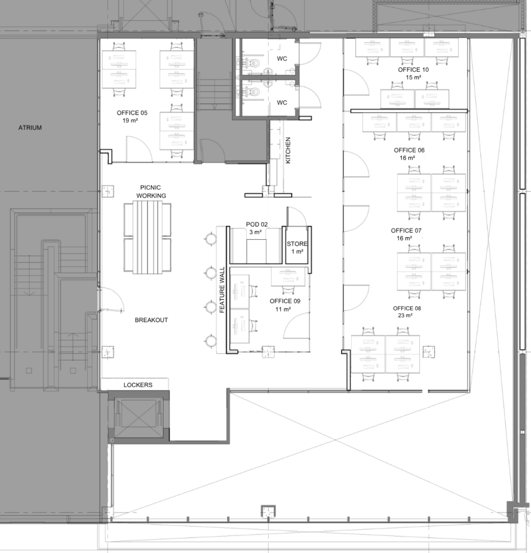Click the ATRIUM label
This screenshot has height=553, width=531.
(30, 127)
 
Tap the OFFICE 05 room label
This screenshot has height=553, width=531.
(132, 113)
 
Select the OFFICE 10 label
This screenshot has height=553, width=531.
(413, 70)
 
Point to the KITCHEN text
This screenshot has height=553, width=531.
(288, 150)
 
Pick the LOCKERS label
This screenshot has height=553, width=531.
(138, 385)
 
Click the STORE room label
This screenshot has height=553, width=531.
(297, 244)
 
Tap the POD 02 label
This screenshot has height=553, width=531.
(257, 224)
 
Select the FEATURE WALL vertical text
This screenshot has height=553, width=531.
(222, 289)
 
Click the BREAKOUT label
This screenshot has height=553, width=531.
(151, 320)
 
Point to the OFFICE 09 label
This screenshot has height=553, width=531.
(285, 301)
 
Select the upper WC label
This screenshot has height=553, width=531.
(282, 58)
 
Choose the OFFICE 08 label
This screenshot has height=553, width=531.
(407, 308)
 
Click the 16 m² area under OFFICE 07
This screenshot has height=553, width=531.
(404, 238)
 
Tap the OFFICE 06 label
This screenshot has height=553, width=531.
(409, 150)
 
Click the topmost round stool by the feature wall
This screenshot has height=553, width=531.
(211, 239)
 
